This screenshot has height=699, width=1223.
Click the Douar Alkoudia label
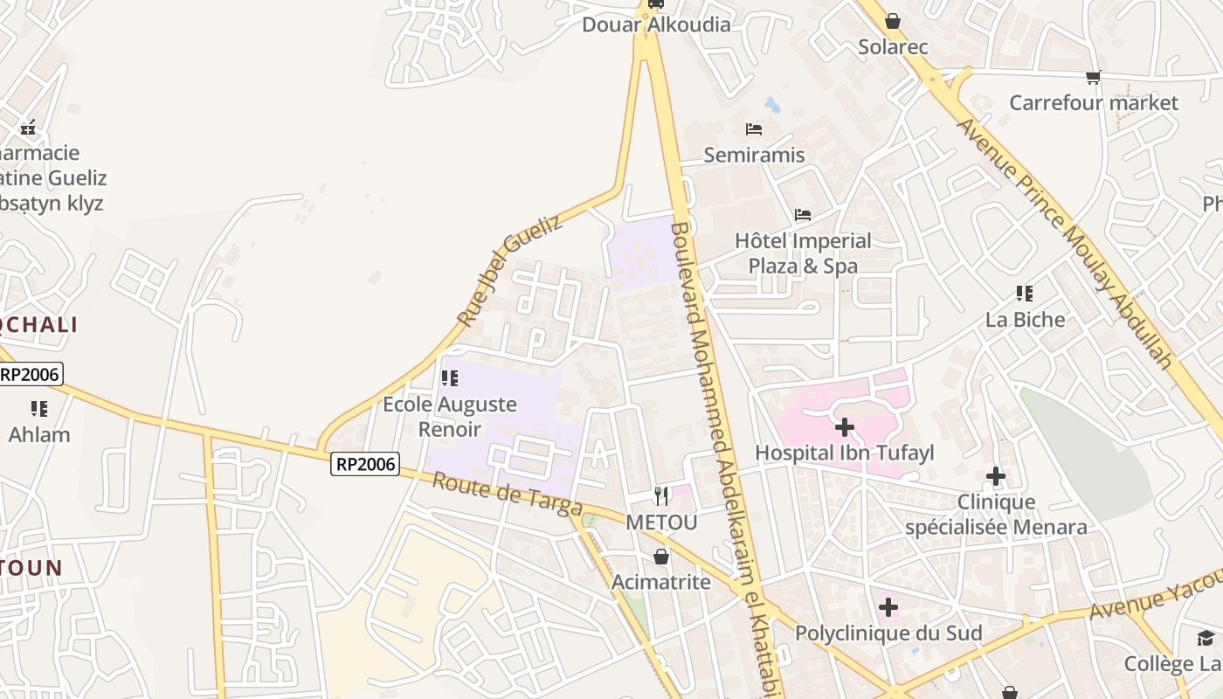click(x=656, y=24)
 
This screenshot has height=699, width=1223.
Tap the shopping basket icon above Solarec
click(x=893, y=20)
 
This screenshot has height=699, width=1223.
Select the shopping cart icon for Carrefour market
click(x=1093, y=78)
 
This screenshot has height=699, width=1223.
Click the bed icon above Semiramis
click(x=754, y=130)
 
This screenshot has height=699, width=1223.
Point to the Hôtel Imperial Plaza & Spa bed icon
click(x=803, y=215)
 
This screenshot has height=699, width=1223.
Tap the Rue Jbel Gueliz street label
click(x=509, y=271)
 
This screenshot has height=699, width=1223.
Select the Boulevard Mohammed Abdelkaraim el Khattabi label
click(x=719, y=454)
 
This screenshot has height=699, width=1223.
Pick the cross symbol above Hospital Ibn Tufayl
click(x=844, y=427)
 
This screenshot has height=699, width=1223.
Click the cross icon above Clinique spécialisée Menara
click(x=996, y=477)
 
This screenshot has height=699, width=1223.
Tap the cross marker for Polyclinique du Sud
click(x=888, y=607)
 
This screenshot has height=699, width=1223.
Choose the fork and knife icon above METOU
click(x=661, y=496)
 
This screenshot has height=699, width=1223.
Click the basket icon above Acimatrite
click(x=661, y=556)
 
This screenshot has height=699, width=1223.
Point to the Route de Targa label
click(x=507, y=493)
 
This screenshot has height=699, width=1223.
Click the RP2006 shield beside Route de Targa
click(x=365, y=464)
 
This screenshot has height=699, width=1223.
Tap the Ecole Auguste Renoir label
click(x=450, y=417)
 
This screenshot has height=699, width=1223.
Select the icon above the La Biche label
click(x=1025, y=294)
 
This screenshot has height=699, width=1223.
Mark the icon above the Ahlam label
click(x=38, y=408)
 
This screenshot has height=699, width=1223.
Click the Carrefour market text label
click(x=1094, y=103)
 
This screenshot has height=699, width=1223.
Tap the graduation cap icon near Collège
click(x=1206, y=638)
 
